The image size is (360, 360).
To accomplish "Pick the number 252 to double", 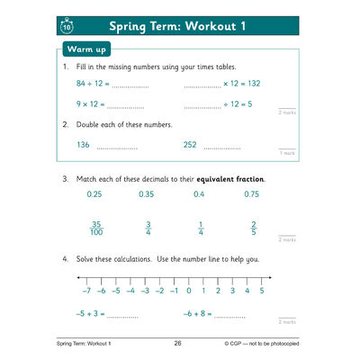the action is point(190,144).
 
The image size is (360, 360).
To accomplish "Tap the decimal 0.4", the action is point(199,194).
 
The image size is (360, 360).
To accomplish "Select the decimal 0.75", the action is point(252,194).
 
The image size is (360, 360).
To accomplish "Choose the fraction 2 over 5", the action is point(254,229).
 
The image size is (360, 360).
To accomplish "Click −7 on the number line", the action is point(86,291).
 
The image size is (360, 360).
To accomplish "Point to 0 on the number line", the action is point(188,291).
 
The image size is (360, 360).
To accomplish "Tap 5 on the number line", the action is point(261,291).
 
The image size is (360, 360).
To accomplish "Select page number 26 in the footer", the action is point(177,343).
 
